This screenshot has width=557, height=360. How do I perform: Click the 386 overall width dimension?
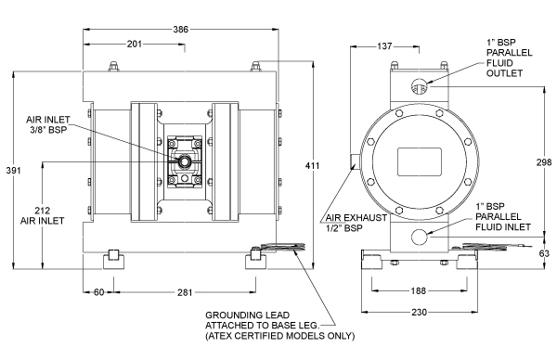click(180, 30)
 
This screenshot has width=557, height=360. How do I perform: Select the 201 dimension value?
click(135, 44)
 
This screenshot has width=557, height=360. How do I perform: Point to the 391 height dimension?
click(14, 171)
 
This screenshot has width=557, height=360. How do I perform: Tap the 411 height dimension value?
click(313, 165)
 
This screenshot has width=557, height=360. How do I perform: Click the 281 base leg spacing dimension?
click(185, 292)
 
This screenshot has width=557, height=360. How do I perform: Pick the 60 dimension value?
click(98, 292)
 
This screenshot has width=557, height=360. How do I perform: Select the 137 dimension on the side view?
click(384, 46)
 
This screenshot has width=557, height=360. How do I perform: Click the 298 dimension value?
click(544, 161)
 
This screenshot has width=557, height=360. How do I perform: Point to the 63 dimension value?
click(544, 253)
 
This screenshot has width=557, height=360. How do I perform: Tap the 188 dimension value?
click(418, 290)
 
